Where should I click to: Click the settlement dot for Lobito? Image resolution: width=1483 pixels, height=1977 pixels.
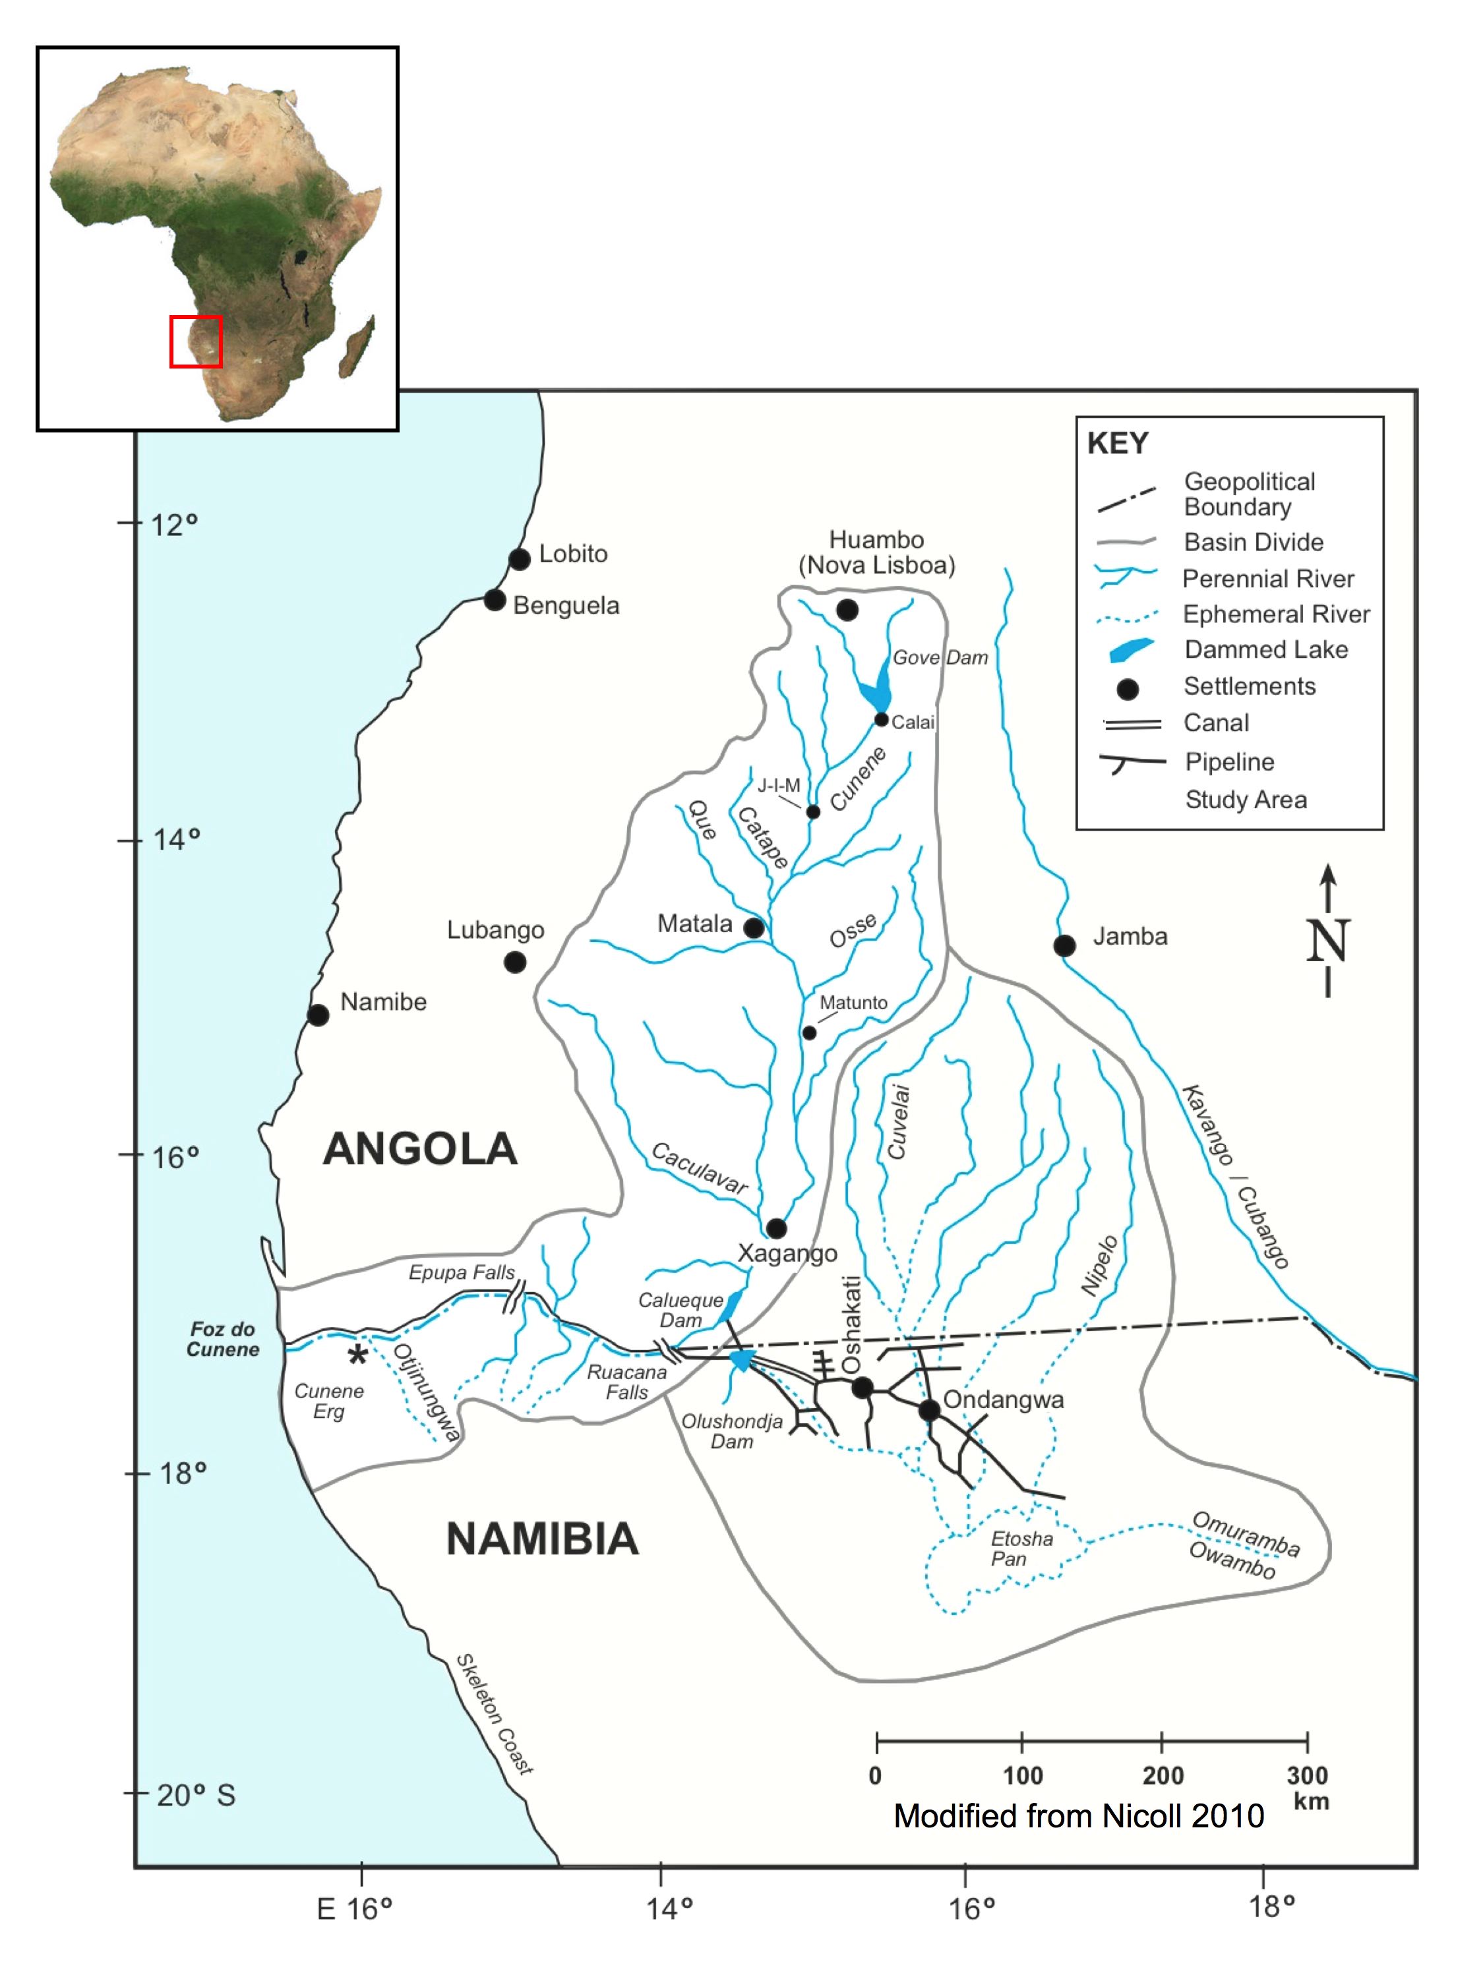(x=520, y=558)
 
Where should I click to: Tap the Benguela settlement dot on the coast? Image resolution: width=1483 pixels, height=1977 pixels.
(x=495, y=600)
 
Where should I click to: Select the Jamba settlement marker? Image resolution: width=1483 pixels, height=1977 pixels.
(x=1064, y=945)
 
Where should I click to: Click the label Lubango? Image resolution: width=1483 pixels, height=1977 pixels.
(x=495, y=930)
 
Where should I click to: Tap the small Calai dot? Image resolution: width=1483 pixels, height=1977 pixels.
(x=882, y=719)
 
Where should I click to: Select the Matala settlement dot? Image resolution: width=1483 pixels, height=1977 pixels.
(x=754, y=928)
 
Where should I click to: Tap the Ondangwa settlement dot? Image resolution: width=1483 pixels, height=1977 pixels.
(x=929, y=1409)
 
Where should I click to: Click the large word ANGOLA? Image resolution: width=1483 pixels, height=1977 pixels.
(x=419, y=1148)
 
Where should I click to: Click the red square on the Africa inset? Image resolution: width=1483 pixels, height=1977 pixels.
(x=196, y=341)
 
